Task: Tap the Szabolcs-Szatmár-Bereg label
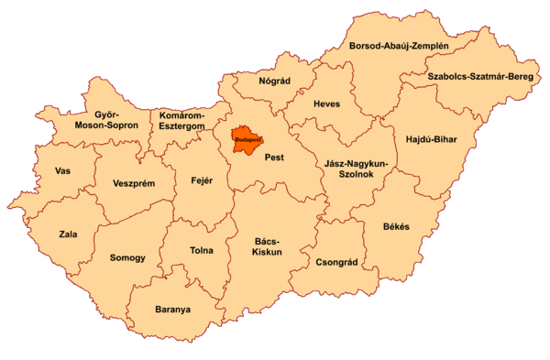point(481,77)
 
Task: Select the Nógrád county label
point(274,81)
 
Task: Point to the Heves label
point(326,104)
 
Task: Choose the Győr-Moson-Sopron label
point(105,119)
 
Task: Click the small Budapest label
point(247,140)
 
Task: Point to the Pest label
point(274,158)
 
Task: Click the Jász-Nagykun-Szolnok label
point(356,169)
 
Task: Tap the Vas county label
point(63,171)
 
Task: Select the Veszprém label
point(134,183)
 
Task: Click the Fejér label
point(202,180)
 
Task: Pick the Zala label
point(68,235)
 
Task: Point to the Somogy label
point(127,258)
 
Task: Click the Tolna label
point(201,250)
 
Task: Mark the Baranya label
point(173,310)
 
